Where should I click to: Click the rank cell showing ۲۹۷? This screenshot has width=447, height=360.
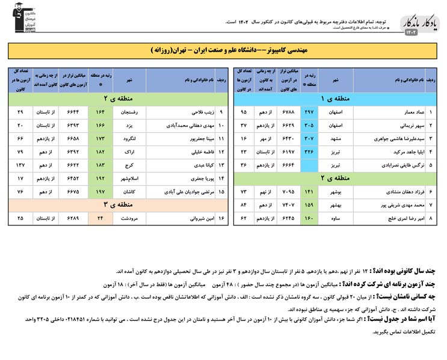309,112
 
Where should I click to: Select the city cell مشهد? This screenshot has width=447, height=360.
335,138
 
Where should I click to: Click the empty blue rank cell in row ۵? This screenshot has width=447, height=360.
309,165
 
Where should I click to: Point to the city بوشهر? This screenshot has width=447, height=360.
335,191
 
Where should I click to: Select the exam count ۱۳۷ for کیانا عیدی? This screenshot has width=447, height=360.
20,165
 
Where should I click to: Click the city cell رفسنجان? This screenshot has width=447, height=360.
129,112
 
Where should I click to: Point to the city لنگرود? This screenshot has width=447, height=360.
129,138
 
